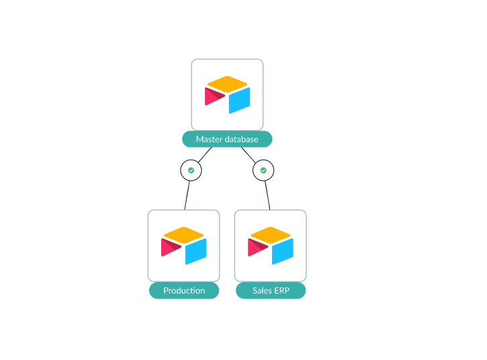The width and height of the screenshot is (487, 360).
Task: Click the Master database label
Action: (227, 139)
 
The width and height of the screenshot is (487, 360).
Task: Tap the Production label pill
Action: (184, 290)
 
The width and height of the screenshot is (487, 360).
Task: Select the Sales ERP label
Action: (271, 290)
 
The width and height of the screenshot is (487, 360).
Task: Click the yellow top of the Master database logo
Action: (227, 84)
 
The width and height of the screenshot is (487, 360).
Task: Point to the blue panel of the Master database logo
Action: (239, 100)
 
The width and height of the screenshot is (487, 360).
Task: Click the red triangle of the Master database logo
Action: (214, 96)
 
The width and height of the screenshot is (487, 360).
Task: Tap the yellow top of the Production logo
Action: (184, 235)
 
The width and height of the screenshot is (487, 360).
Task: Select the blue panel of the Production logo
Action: (196, 252)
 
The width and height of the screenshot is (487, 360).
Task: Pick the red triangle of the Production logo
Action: (170, 247)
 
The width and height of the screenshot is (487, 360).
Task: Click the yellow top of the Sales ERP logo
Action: (271, 235)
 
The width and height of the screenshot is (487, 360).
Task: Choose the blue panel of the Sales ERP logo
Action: (283, 252)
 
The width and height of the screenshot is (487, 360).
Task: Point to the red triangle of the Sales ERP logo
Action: (257, 247)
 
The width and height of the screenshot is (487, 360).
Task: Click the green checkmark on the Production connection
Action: (191, 170)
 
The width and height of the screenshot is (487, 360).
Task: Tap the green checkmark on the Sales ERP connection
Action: (263, 170)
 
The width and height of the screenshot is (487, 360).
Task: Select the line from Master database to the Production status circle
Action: (205, 154)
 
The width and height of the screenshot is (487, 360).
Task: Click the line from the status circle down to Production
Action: (187, 195)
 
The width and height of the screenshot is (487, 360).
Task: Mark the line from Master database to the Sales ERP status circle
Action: (249, 154)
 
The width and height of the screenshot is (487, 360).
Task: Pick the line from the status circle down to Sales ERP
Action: (267, 195)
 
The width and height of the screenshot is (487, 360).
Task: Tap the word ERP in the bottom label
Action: (282, 290)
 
